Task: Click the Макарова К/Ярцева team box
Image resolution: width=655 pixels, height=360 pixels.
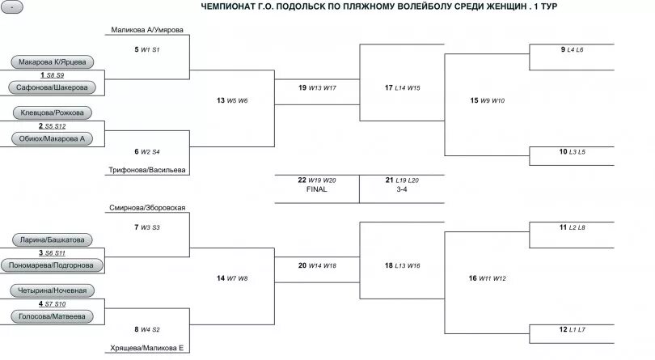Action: [53, 61]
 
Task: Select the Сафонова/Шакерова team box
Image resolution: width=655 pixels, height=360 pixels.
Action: [53, 87]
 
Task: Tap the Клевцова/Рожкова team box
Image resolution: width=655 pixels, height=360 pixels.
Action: [53, 112]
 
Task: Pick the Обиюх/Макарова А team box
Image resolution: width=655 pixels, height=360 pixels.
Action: [53, 138]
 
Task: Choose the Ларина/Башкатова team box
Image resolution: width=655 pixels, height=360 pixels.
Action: [53, 239]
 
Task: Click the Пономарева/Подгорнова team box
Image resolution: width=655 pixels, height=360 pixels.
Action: [53, 265]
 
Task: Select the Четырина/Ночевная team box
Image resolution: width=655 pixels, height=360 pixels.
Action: [53, 290]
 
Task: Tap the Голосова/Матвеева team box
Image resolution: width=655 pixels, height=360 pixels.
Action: [53, 316]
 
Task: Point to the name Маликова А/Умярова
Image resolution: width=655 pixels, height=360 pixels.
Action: [147, 31]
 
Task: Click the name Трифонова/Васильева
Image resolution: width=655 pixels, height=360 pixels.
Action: [147, 170]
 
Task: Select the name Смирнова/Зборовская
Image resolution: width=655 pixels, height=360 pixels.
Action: [147, 208]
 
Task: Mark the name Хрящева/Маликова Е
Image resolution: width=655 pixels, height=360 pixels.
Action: [147, 348]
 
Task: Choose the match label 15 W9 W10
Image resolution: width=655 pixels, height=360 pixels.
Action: [487, 100]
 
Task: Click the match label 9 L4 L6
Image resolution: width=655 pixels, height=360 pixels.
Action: [572, 49]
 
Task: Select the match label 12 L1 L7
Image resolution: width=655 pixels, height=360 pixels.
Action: [572, 329]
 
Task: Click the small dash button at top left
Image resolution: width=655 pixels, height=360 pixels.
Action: [13, 6]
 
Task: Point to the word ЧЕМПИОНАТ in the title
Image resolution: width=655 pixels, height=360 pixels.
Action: [230, 6]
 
